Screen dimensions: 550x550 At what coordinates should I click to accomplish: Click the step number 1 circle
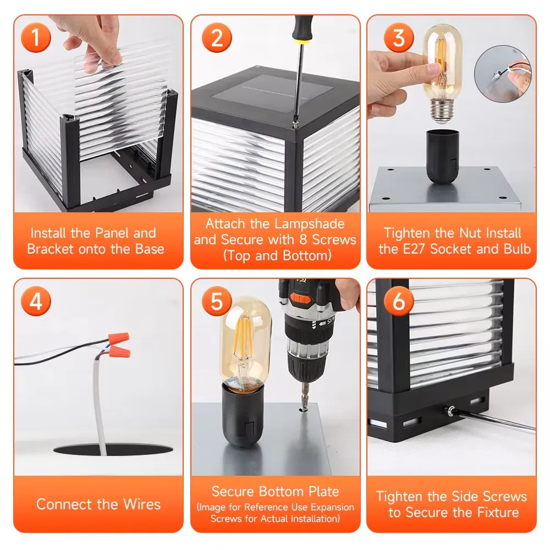(36, 38)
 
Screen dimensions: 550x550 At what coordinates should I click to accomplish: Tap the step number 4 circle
(36, 301)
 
